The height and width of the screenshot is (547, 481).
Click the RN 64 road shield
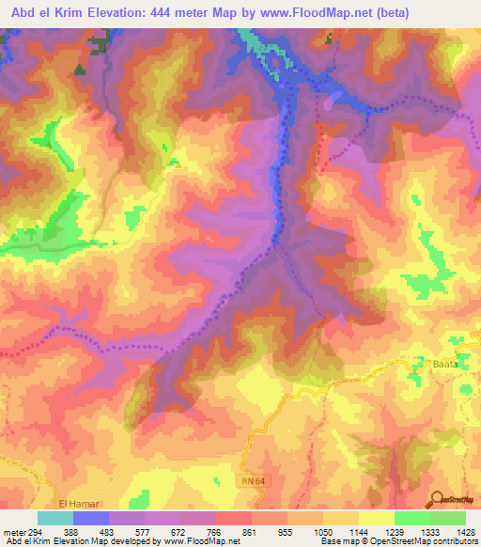pyautogui.click(x=252, y=480)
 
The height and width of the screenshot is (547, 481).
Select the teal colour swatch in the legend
pyautogui.click(x=55, y=518)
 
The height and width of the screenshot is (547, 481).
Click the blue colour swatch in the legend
pyautogui.click(x=91, y=518)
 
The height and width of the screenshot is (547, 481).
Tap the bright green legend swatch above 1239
pyautogui.click(x=411, y=518)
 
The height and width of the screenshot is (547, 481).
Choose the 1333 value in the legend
pyautogui.click(x=426, y=533)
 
